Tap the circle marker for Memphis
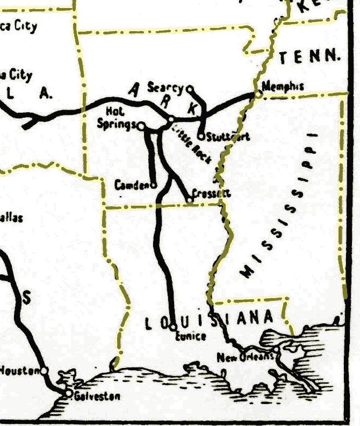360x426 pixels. point(257,94)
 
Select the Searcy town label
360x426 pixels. point(165,88)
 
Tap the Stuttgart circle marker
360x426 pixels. point(201,136)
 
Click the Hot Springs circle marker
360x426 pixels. point(141,126)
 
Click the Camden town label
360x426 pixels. point(132,185)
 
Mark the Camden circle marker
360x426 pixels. point(153,185)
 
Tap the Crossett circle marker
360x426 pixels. point(190,200)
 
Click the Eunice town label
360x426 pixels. point(191,336)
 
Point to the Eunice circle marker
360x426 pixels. point(173,326)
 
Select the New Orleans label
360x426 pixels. point(246,357)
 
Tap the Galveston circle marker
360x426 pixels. point(69,394)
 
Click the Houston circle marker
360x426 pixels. point(44,370)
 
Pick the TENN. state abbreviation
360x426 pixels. point(310,55)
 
